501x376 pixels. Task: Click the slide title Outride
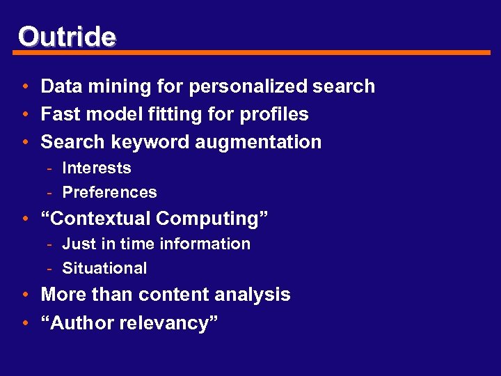coord(67,36)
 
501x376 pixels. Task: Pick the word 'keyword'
coord(143,142)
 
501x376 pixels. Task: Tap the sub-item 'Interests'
coord(97,168)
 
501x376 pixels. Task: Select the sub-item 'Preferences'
coord(109,192)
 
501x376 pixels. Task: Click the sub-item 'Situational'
coord(104,268)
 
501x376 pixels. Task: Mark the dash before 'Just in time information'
coord(51,244)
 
